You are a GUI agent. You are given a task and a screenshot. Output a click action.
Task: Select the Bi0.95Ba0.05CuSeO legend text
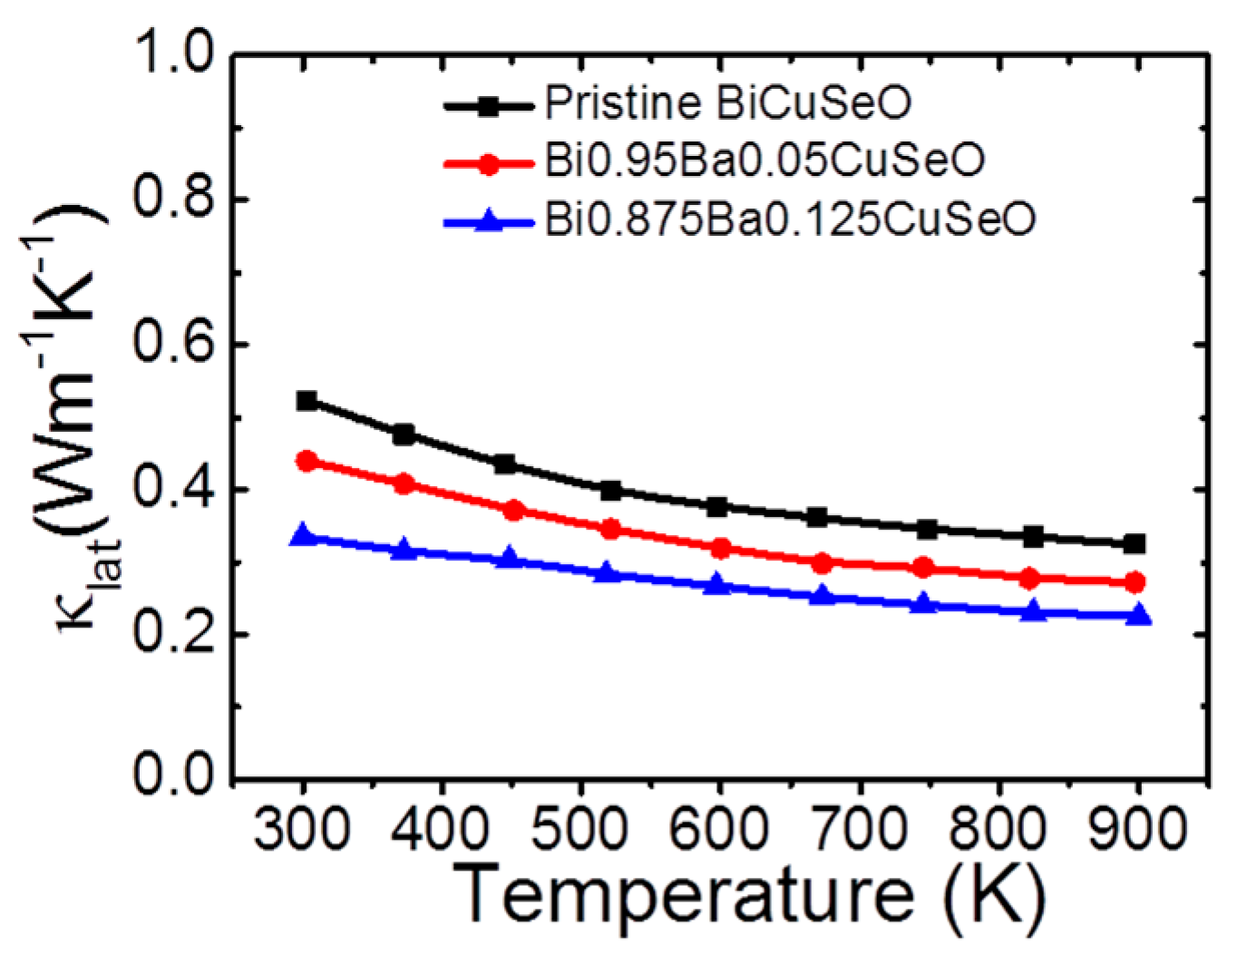coord(764,161)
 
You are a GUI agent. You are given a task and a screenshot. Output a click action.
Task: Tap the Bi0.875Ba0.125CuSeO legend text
coord(789,219)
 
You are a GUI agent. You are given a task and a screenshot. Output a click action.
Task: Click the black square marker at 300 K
coord(307,401)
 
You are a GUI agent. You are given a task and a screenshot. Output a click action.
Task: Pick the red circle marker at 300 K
coord(307,461)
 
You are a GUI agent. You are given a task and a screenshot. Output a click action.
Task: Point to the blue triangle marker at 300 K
coord(303,535)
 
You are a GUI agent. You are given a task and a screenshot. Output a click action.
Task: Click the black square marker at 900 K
coord(1134,544)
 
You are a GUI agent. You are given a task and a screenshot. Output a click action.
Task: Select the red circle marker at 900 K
coord(1134,582)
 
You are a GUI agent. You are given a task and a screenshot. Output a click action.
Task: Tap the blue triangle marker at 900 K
coord(1137,615)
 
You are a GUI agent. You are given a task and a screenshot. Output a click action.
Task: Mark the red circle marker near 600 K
coord(721,548)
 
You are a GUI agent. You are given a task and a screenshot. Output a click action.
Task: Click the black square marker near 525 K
coord(610,491)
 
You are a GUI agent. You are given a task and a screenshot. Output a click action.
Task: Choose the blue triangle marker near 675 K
coord(822,595)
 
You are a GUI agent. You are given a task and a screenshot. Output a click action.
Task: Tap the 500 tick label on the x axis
coord(580,828)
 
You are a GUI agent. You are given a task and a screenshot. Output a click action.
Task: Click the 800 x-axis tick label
coord(998,828)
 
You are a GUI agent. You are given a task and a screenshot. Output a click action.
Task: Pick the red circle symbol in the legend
coord(488,164)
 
